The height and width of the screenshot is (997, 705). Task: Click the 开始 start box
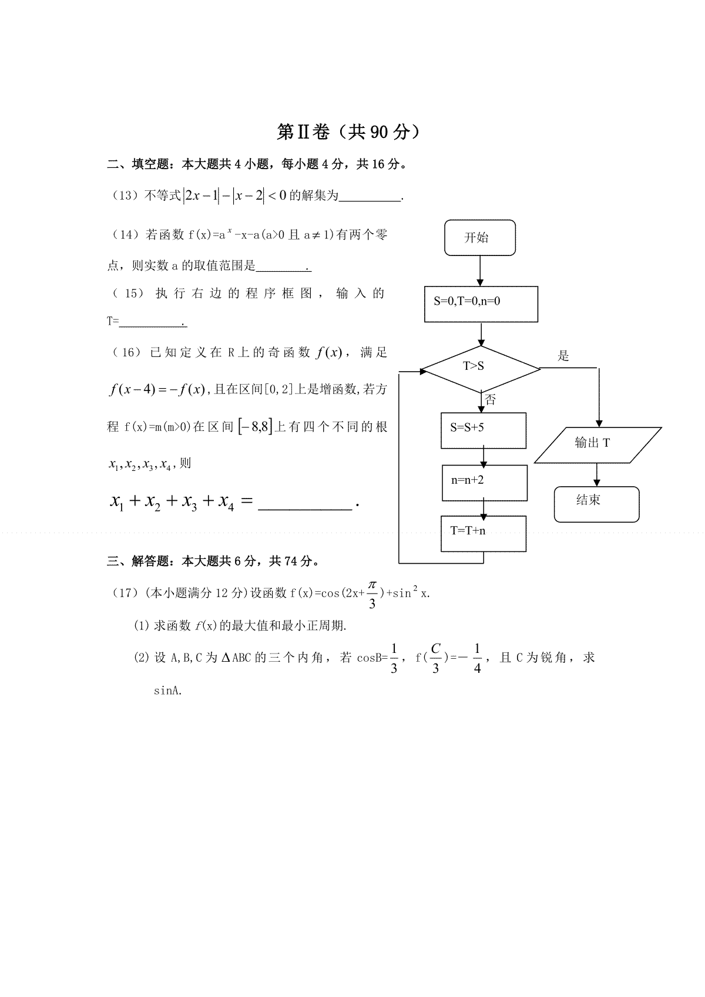tap(479, 238)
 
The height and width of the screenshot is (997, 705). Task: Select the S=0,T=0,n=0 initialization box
tap(481, 304)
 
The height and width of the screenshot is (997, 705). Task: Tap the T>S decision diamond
tap(481, 369)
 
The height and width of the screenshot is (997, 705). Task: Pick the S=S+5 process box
tap(483, 430)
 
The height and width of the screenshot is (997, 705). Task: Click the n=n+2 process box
tap(485, 483)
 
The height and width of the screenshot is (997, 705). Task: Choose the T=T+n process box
tap(483, 534)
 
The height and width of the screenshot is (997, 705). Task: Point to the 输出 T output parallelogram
tap(597, 445)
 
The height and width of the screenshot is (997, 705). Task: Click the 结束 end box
tap(596, 504)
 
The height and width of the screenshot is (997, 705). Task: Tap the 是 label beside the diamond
tap(563, 356)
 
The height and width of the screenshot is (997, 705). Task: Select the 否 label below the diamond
tap(491, 399)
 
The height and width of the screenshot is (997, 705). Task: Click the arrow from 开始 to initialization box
tap(479, 271)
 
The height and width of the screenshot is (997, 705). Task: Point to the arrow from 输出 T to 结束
tap(597, 475)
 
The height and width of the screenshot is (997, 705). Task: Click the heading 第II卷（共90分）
tap(348, 132)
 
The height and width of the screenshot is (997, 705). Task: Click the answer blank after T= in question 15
tap(153, 325)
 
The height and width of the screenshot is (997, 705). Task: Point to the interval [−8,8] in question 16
tap(255, 427)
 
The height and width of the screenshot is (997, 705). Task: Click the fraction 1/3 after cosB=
tap(394, 658)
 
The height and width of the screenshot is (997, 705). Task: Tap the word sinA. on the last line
tap(168, 691)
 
